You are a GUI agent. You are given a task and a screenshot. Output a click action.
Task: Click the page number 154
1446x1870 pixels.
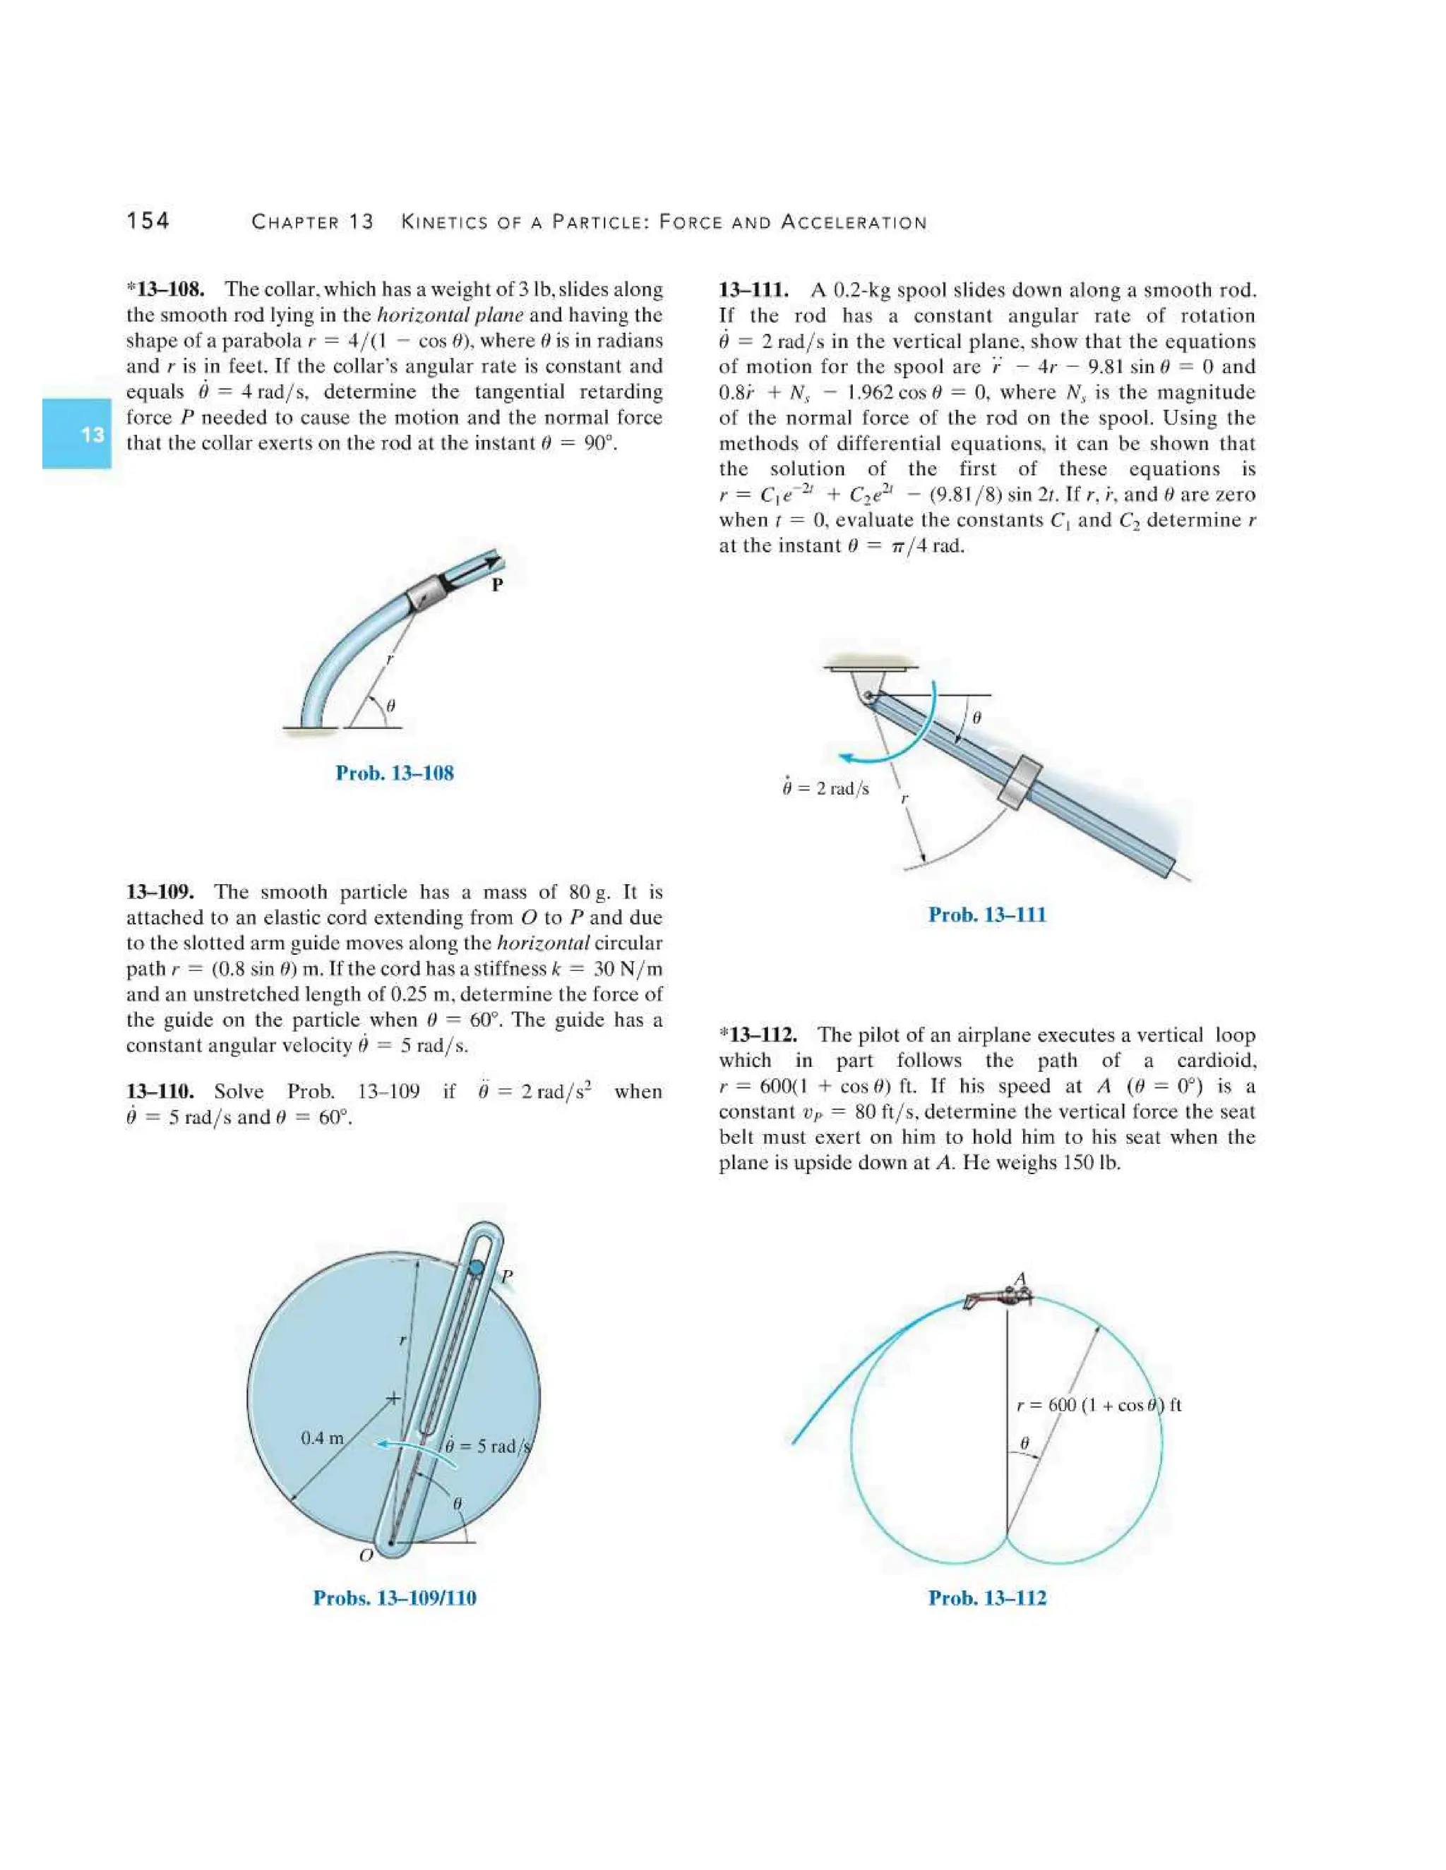148,221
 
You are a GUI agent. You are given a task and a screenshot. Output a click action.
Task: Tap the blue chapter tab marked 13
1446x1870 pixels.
77,433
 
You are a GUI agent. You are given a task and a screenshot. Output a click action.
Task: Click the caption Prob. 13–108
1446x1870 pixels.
394,773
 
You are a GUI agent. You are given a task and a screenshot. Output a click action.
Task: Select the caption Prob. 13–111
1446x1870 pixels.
987,915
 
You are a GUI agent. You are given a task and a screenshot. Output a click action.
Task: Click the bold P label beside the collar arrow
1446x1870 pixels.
497,586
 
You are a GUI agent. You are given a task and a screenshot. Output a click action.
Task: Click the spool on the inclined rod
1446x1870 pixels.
1021,783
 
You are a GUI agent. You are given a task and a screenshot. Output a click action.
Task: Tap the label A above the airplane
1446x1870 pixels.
1020,1280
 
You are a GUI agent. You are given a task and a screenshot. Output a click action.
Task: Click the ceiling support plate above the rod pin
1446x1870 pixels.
871,666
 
